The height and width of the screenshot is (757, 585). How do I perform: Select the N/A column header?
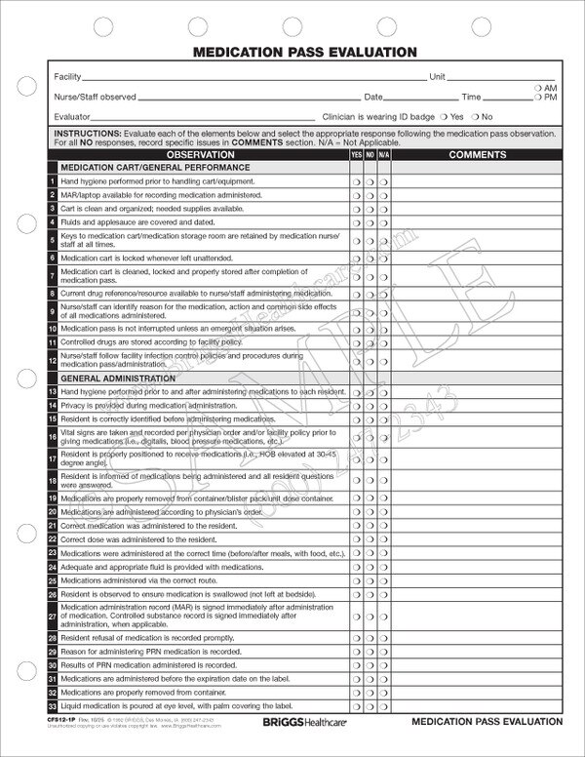pyautogui.click(x=384, y=154)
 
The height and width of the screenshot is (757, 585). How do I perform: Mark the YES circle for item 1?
pyautogui.click(x=356, y=182)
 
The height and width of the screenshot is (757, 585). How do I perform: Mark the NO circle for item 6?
pyautogui.click(x=370, y=257)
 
